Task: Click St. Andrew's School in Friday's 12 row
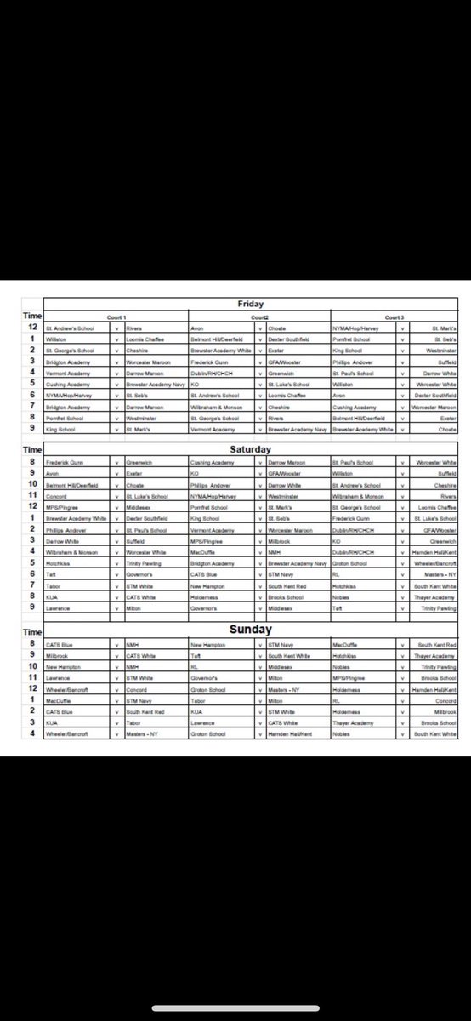(65, 328)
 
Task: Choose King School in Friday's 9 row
(58, 429)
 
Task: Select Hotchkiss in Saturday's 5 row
(58, 563)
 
